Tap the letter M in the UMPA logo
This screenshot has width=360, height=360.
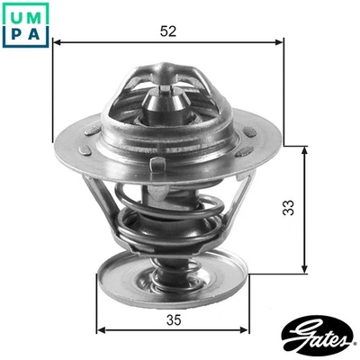[x=34, y=13]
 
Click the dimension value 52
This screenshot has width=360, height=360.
[x=167, y=30]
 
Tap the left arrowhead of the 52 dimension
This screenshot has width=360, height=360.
[x=57, y=40]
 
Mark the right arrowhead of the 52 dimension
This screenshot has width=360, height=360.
[x=278, y=40]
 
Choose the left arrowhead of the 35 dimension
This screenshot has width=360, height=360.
[x=101, y=329]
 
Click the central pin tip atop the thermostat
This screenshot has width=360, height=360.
[x=167, y=90]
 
